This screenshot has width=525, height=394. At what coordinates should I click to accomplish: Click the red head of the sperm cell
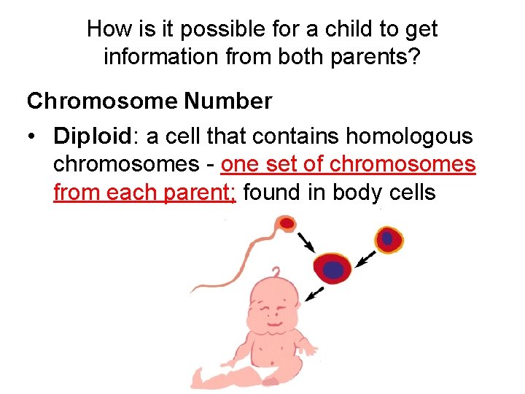(287, 222)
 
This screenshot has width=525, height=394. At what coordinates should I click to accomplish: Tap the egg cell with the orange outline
(389, 239)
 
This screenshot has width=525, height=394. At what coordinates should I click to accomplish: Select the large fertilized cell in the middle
(332, 269)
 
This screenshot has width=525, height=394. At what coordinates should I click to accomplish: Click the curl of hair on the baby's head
(278, 272)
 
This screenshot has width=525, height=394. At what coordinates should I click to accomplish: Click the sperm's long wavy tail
(226, 263)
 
